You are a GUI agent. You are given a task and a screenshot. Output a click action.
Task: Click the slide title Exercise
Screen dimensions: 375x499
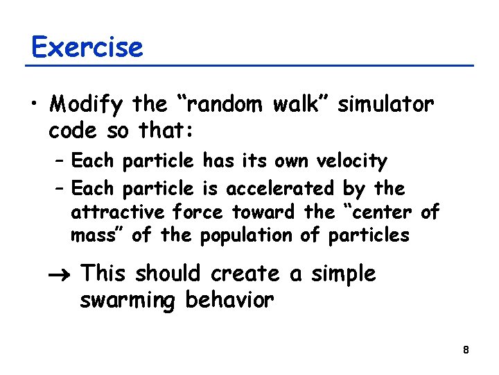[87, 47]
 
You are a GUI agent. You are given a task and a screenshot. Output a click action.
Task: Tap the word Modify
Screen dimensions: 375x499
[87, 105]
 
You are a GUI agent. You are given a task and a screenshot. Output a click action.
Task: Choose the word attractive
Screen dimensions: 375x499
[119, 212]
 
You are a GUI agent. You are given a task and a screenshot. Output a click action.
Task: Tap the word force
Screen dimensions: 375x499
[199, 212]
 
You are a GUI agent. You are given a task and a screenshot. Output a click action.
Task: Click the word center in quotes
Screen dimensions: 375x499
[378, 212]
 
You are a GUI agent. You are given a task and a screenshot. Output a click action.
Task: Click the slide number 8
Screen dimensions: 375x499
[466, 350]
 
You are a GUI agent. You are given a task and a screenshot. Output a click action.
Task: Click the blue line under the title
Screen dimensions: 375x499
[249, 66]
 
